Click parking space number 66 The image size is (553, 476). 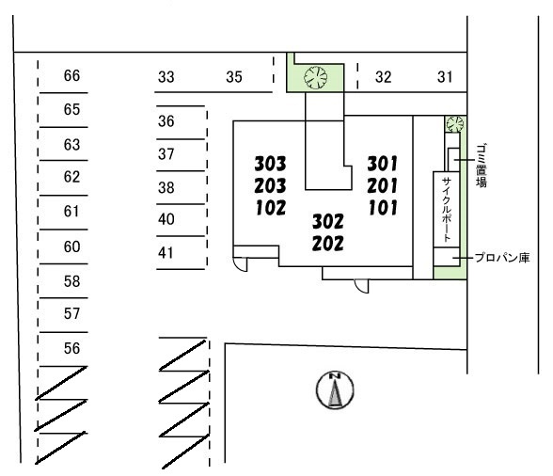tap(71, 75)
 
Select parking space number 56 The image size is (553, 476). tap(71, 348)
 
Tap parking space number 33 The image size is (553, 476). tap(166, 77)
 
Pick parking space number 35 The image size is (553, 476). tap(234, 77)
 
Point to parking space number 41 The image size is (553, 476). tap(166, 253)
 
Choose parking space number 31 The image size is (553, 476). tap(445, 77)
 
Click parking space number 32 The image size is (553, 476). tap(383, 77)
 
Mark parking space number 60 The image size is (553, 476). tap(71, 246)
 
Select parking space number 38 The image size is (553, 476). tap(166, 188)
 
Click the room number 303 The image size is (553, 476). tap(270, 164)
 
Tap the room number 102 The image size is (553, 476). tap(271, 208)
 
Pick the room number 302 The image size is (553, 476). tap(327, 222)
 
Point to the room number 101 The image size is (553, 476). tap(383, 208)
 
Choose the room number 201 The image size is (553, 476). tap(382, 186)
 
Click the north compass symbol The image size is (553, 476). tap(335, 389)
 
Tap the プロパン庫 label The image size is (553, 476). tap(502, 258)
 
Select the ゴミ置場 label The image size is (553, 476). tap(482, 166)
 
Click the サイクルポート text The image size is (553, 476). tap(447, 209)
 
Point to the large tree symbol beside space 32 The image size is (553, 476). tap(316, 78)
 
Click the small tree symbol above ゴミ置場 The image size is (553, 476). tap(454, 124)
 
